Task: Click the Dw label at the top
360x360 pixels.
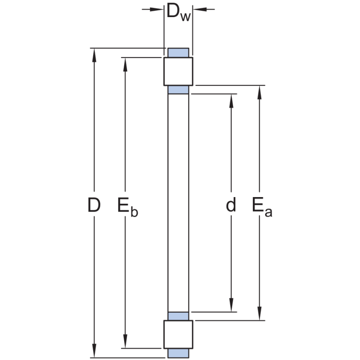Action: (178, 12)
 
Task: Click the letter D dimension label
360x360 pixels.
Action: (94, 205)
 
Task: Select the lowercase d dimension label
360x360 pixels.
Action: (231, 205)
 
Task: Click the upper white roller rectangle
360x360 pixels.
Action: (178, 71)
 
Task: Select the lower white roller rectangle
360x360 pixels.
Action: (178, 334)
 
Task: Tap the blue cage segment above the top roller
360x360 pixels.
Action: (178, 53)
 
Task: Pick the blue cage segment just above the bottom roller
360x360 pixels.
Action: (178, 315)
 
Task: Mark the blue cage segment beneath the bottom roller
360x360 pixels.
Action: (178, 353)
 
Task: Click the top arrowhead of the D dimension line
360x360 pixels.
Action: (94, 54)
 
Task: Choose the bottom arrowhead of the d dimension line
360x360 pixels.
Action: (231, 306)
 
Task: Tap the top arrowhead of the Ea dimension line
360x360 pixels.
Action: (260, 91)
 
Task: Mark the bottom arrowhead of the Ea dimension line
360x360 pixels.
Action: (260, 315)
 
